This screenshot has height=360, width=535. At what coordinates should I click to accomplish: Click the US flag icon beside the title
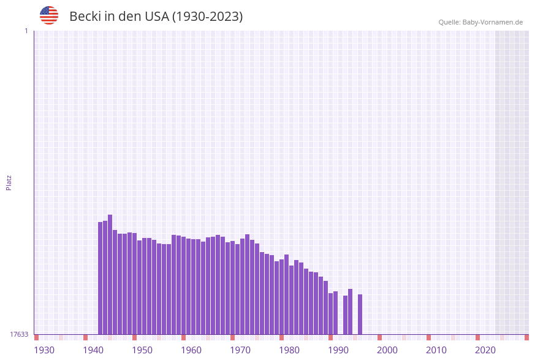[x=49, y=15]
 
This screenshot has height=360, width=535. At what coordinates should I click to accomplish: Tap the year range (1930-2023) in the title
[x=207, y=17]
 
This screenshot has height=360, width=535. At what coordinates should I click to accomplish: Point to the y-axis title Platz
[x=9, y=183]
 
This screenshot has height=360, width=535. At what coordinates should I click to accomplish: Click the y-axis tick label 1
[x=26, y=31]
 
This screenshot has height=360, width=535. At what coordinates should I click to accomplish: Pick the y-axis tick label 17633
[x=19, y=334]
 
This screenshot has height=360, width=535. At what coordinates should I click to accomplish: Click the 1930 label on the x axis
[x=44, y=350]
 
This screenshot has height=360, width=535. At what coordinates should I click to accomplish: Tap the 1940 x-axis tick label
[x=93, y=350]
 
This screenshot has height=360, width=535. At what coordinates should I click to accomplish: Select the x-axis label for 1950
[x=142, y=350]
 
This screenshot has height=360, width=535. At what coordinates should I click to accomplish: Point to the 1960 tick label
[x=191, y=350]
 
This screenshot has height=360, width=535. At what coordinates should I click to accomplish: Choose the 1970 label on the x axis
[x=240, y=350]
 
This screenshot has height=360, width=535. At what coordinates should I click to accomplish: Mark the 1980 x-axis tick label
[x=289, y=350]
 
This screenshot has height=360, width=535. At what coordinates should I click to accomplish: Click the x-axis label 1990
[x=338, y=350]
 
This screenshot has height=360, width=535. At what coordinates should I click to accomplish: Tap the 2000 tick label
[x=387, y=350]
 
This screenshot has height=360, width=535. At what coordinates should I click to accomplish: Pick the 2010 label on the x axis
[x=436, y=350]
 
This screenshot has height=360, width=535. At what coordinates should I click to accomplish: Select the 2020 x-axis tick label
[x=485, y=350]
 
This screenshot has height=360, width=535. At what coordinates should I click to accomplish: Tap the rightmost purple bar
[x=360, y=314]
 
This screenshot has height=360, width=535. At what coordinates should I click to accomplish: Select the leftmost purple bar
[x=101, y=278]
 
